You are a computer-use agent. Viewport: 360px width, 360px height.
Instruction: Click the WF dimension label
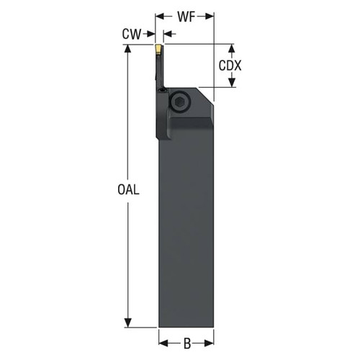coord(186,15)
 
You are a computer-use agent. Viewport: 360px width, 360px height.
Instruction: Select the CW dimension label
coord(130,34)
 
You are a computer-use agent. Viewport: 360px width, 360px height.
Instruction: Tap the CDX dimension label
coord(230,66)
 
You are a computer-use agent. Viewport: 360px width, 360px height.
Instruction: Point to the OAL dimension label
coord(127,189)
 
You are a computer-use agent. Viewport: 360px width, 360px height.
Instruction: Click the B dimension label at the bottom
coord(186,343)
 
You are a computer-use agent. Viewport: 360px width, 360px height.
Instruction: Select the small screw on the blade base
coord(162,92)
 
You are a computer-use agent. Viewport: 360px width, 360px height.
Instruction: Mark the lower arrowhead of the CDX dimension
coord(231,84)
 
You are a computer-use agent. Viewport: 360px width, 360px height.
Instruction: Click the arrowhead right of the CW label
coord(151,34)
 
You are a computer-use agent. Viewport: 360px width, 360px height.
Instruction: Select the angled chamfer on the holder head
coord(207,94)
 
